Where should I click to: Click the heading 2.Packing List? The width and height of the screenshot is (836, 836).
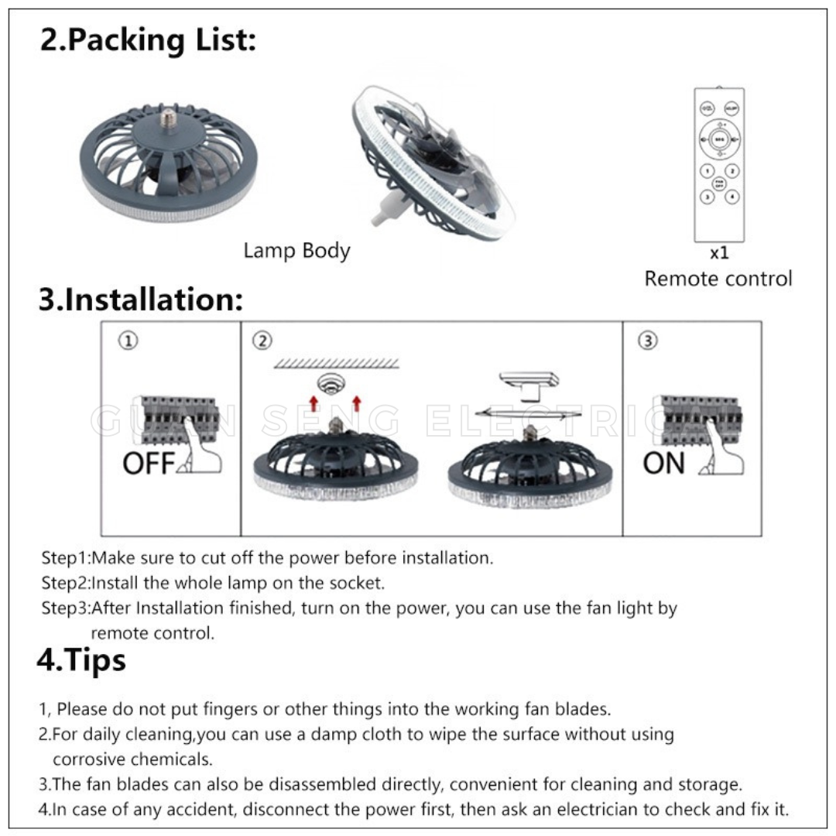point(147,39)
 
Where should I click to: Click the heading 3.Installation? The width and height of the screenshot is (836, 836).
point(141,300)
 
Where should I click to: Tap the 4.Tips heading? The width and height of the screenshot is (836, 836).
point(81,660)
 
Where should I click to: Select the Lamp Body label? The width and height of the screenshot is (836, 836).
point(296,251)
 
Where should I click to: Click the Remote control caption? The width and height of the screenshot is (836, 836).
point(718,279)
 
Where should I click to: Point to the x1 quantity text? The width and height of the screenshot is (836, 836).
point(719,253)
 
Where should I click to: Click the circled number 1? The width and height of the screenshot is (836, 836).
point(129,341)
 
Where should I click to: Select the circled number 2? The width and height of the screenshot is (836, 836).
point(263,341)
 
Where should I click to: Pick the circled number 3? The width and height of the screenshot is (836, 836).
point(648,341)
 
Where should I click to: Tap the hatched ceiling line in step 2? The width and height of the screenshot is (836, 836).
point(337,362)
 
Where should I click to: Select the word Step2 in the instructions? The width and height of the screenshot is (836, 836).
point(65,582)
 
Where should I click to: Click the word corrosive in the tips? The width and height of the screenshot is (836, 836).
point(84,759)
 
